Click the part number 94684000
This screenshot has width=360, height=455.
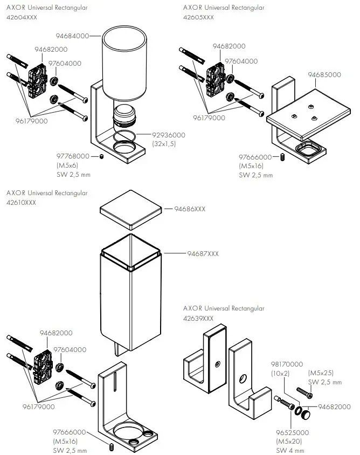click(x=72, y=36)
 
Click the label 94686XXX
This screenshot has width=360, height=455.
click(x=189, y=209)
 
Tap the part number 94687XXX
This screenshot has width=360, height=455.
click(x=203, y=253)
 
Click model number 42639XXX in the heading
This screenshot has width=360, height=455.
click(x=198, y=318)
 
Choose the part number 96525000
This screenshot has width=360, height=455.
click(x=293, y=432)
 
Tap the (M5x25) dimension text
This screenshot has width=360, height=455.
click(x=321, y=373)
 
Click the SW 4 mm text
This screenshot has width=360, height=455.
click(x=290, y=450)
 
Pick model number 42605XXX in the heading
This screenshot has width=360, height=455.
click(x=198, y=18)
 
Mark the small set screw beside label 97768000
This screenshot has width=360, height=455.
click(x=101, y=157)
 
